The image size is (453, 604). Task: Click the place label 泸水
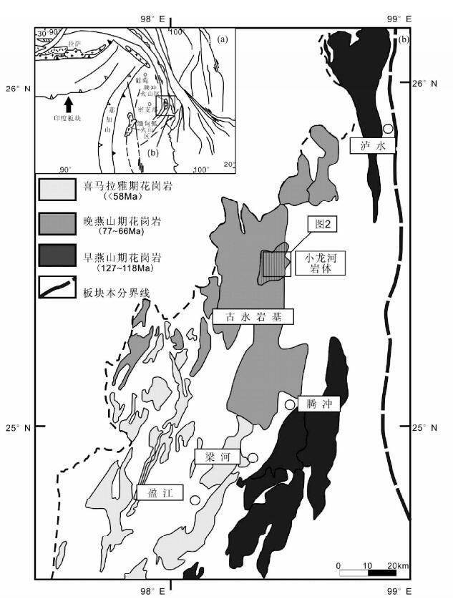click(x=372, y=145)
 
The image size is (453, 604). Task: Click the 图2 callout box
click(x=322, y=225)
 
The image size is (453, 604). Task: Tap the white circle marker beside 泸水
click(x=388, y=129)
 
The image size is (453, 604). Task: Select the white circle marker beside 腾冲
click(x=290, y=405)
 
